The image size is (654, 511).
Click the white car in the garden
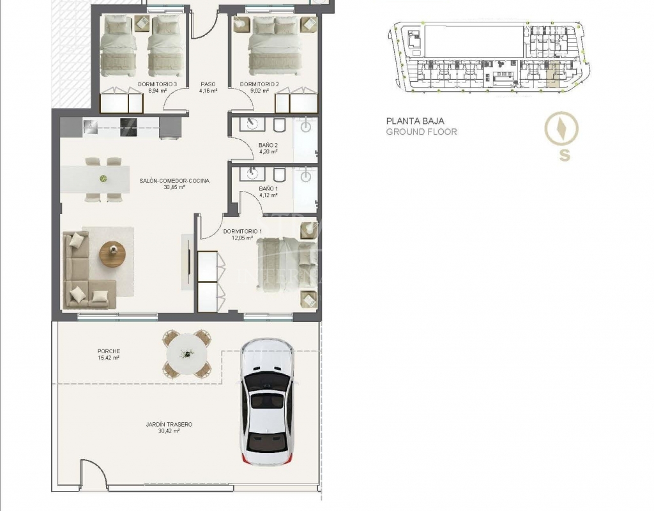point(267,402)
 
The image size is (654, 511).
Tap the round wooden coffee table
point(112,254)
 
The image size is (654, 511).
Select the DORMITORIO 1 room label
point(243,231)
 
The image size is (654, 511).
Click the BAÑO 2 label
point(268,145)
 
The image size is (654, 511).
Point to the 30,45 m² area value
point(174,187)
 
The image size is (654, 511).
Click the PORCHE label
point(109,351)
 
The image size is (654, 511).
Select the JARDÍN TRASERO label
point(169,424)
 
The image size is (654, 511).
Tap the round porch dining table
point(186,354)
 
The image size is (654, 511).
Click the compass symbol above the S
point(561,128)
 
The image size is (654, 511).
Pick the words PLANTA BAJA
point(415,121)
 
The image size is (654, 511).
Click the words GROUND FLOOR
point(422,132)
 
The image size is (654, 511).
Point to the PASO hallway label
point(208,84)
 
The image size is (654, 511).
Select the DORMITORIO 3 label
point(157,84)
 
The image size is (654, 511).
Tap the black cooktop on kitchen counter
point(128,127)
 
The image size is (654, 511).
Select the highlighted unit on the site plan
point(554,74)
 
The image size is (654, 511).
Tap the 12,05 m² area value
point(243,238)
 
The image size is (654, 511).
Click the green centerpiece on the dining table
point(103,179)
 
